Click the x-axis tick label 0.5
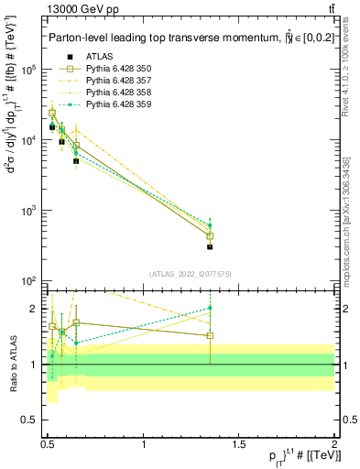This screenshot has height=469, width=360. pos(49,443)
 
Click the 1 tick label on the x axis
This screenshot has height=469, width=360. pos(144,443)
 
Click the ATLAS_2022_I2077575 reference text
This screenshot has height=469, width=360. pos(191,274)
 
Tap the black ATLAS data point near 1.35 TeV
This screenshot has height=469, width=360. pos(210,246)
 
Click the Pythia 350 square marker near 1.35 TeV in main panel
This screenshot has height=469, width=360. pos(210,235)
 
